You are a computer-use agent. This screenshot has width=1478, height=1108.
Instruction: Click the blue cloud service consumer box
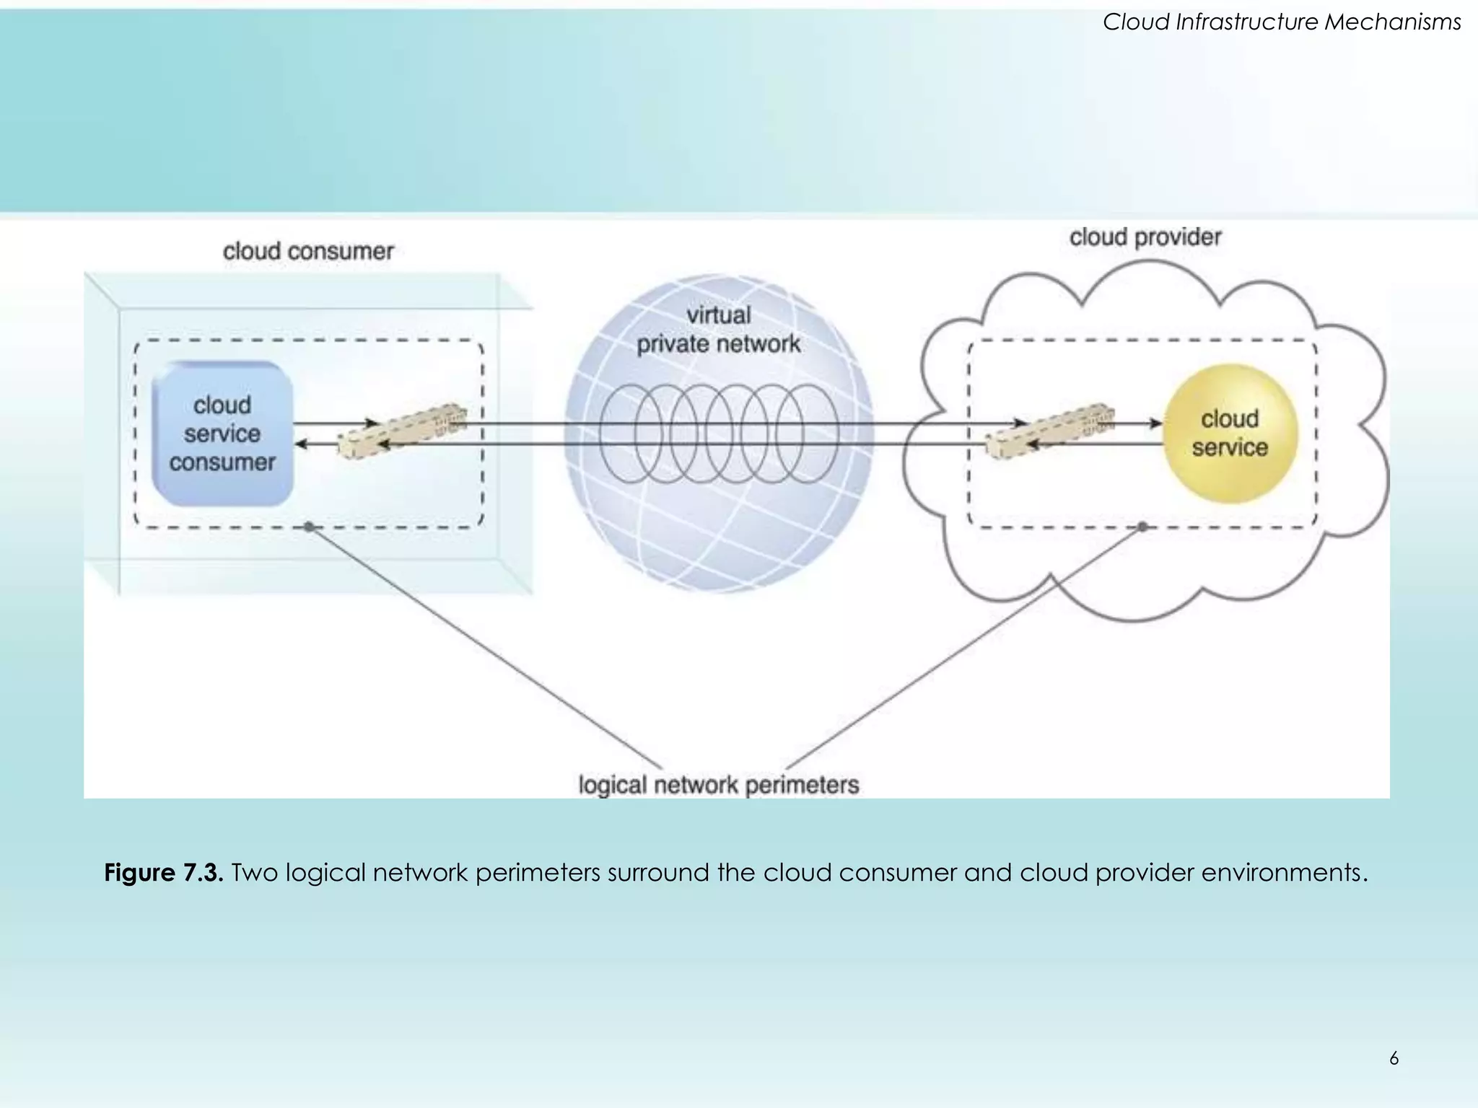click(222, 434)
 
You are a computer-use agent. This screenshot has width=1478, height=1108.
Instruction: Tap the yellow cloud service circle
click(1230, 434)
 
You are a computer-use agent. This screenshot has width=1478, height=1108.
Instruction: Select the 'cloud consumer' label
click(308, 251)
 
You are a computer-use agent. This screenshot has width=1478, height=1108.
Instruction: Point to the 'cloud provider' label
click(1145, 237)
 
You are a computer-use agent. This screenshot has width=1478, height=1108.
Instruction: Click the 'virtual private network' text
click(718, 330)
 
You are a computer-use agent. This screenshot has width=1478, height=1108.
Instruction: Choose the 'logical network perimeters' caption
click(718, 785)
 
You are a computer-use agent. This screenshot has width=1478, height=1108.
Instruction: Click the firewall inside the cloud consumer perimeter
click(403, 431)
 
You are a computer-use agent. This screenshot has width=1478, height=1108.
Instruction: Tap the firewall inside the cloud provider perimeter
click(1050, 431)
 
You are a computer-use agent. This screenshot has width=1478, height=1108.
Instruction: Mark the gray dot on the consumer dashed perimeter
click(310, 527)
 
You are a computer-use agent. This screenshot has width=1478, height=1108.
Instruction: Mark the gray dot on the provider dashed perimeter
click(1142, 527)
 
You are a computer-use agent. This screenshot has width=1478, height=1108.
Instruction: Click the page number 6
click(1394, 1058)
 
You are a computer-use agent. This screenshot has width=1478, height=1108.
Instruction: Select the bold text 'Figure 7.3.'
click(164, 873)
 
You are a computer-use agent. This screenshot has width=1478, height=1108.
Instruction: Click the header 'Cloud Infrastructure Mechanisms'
click(1282, 22)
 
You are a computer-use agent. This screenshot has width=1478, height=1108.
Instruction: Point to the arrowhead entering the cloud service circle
click(1156, 423)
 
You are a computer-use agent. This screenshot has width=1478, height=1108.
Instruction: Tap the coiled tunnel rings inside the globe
click(718, 434)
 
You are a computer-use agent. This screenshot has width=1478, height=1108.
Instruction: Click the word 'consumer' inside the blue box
click(222, 462)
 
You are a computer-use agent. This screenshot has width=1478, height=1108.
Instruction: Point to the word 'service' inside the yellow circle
click(1230, 448)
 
